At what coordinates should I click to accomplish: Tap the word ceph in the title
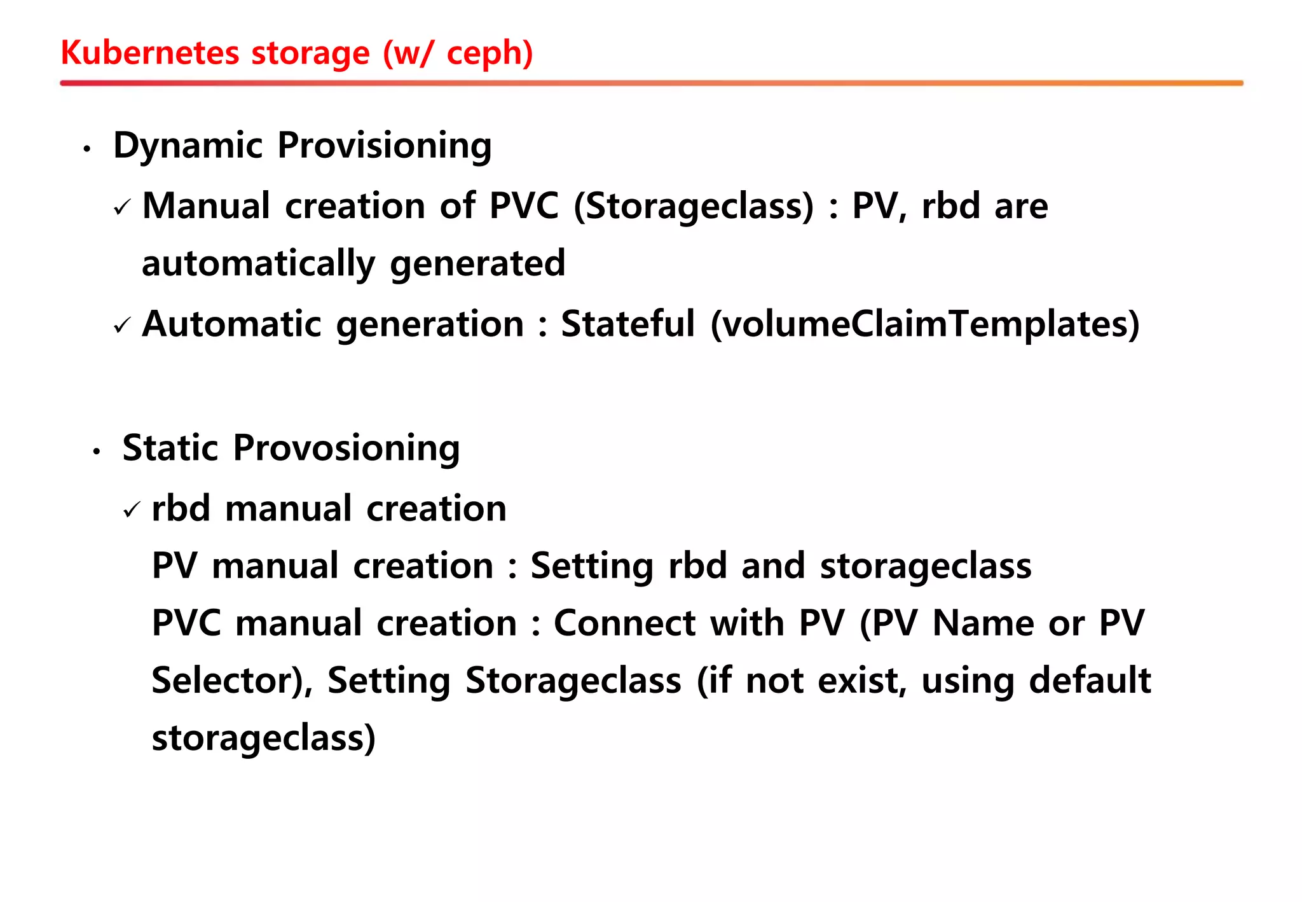490,53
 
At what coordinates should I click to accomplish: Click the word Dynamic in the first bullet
188,145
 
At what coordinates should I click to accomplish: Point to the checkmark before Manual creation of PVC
122,207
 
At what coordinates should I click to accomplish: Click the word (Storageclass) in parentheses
694,206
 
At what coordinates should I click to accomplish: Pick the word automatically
258,263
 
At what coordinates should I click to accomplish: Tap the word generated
477,263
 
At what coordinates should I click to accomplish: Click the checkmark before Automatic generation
122,326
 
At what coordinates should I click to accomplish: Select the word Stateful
627,324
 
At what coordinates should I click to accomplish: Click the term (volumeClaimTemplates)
925,324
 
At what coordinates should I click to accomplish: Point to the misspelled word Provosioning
346,448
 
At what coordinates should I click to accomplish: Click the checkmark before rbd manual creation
132,510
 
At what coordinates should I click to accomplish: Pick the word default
1090,680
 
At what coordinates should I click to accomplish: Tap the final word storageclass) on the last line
264,738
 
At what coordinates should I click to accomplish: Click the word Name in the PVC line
983,623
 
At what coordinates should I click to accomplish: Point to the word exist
861,681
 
